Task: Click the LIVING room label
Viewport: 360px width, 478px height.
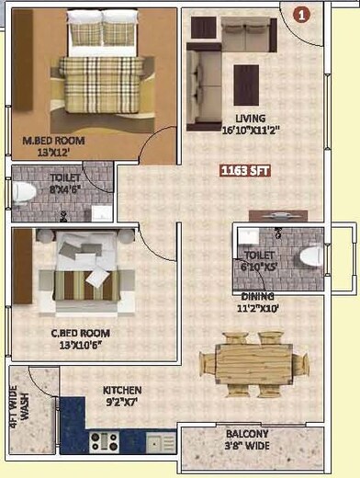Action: coord(249,119)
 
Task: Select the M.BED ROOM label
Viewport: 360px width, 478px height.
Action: coord(54,141)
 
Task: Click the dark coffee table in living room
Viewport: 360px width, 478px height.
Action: coord(246,85)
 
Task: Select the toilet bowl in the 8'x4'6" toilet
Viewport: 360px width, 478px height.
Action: coord(24,192)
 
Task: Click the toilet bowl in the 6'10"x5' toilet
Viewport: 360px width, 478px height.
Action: coord(311,256)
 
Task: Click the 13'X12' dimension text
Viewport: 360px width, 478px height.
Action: coord(54,154)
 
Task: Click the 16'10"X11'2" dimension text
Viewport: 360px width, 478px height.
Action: coord(249,131)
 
